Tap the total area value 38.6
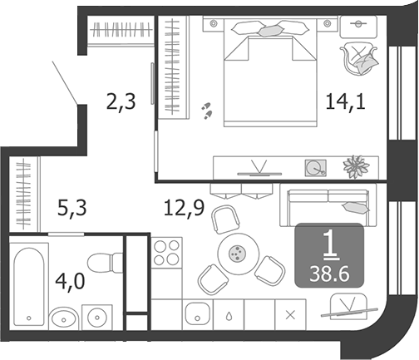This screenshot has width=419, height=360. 329,272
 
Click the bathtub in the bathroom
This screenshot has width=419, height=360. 28,284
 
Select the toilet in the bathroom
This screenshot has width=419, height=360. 104,265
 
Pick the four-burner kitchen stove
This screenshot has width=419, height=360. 167,252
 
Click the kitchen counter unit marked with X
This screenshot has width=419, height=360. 289,314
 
